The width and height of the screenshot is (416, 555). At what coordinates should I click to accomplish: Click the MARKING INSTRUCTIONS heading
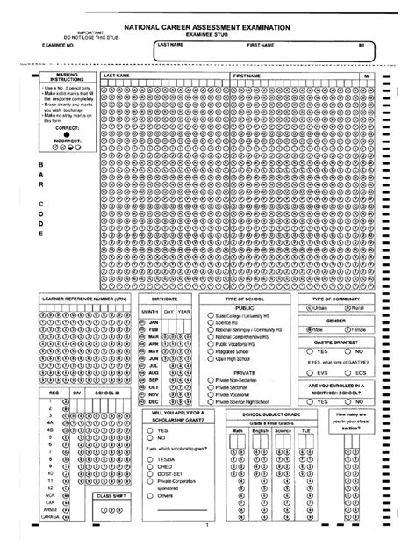click(x=67, y=80)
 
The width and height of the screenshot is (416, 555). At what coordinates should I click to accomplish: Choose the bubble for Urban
click(x=306, y=309)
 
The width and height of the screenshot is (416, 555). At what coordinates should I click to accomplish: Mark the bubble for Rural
click(x=348, y=309)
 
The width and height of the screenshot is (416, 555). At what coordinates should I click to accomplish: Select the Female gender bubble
click(x=348, y=331)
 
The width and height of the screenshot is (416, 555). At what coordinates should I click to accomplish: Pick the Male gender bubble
click(x=306, y=331)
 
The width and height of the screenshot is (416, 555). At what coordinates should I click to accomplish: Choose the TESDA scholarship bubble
click(x=151, y=458)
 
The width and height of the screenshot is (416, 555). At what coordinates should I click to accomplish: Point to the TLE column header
click(x=305, y=431)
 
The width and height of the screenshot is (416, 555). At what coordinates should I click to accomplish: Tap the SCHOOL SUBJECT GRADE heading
click(x=270, y=414)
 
